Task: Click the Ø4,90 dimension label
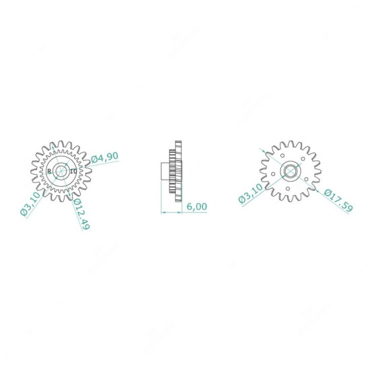(105, 157)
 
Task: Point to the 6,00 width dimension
(196, 207)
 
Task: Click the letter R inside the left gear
(50, 172)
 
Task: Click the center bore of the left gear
(61, 172)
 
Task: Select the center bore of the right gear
(290, 171)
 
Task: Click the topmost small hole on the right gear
(290, 153)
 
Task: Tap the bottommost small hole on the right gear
(290, 189)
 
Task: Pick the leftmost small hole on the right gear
(272, 171)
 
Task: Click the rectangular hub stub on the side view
(166, 172)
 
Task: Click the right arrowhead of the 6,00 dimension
(182, 212)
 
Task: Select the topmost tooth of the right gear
(290, 143)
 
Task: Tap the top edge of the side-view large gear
(178, 140)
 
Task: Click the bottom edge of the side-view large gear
(178, 203)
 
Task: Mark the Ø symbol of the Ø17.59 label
(326, 192)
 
